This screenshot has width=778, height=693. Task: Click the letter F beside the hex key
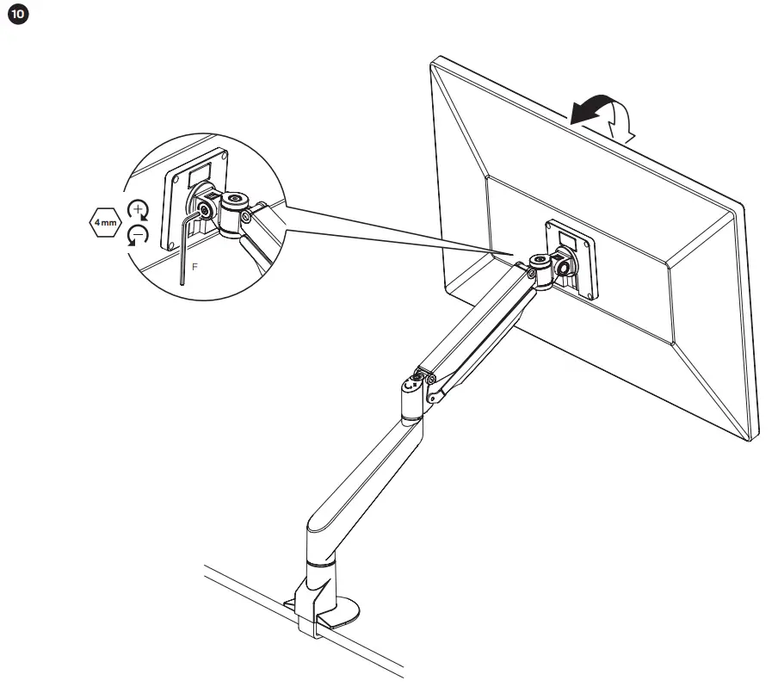coord(194,268)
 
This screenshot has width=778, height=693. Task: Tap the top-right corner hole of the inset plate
coord(223,158)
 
